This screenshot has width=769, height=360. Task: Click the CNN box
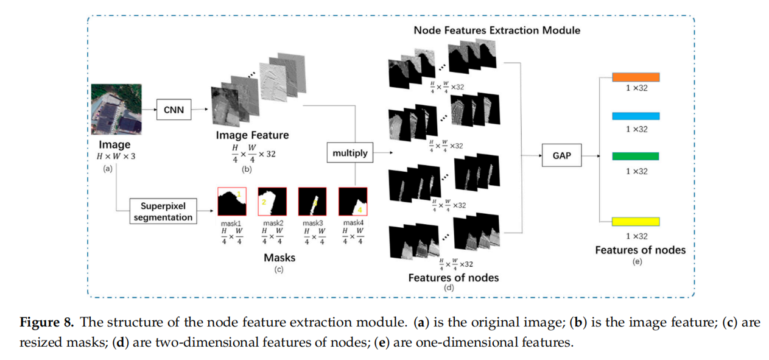click(x=174, y=110)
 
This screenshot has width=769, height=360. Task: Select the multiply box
click(x=350, y=153)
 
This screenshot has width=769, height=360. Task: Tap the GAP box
click(x=561, y=155)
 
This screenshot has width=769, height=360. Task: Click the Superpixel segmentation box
click(x=163, y=211)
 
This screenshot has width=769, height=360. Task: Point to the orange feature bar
click(x=636, y=77)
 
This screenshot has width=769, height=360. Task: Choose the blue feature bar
click(x=636, y=116)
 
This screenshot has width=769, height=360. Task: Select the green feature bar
click(x=636, y=157)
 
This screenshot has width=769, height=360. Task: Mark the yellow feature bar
click(x=636, y=221)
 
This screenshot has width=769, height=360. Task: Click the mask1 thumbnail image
click(x=231, y=202)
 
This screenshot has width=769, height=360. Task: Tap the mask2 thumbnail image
click(x=272, y=202)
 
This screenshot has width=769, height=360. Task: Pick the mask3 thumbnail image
click(x=312, y=202)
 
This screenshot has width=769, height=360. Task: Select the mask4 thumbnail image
click(x=353, y=202)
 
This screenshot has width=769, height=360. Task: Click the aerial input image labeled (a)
click(x=116, y=110)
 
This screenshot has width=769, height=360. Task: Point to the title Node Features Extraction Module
click(x=497, y=30)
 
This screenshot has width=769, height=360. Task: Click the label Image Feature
click(x=252, y=135)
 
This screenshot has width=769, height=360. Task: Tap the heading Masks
click(x=279, y=258)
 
